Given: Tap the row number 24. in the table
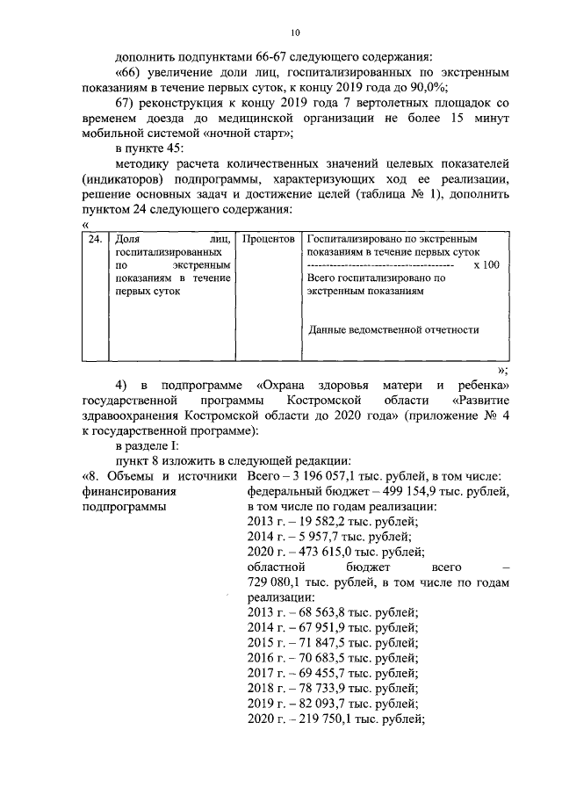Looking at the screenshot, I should tap(95, 239).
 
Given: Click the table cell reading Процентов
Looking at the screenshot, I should tap(268, 239).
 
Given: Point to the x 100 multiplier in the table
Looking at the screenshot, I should tap(486, 264).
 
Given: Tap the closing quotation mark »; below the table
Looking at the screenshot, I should tap(502, 370).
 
